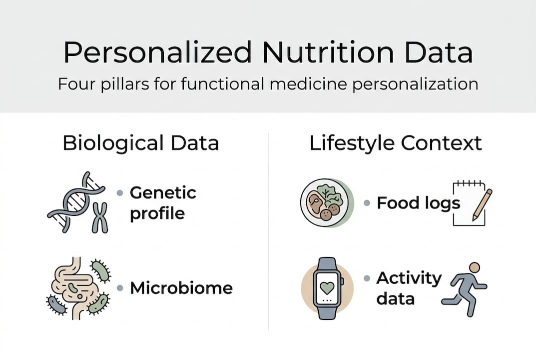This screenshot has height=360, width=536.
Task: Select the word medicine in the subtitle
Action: (x=314, y=83)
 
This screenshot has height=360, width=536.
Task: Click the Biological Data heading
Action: (x=141, y=143)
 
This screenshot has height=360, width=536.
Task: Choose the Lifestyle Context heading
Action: (x=396, y=143)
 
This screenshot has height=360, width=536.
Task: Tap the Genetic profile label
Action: (x=163, y=202)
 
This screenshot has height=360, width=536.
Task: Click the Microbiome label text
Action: (x=181, y=287)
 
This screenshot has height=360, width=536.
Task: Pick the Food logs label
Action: (x=418, y=203)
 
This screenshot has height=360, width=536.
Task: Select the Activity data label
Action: (x=409, y=288)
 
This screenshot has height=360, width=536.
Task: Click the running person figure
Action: (x=465, y=290)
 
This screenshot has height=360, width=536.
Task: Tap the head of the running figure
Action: (x=474, y=267)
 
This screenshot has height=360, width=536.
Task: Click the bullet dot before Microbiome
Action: (x=119, y=288)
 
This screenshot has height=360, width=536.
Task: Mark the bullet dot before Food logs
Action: (x=367, y=203)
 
